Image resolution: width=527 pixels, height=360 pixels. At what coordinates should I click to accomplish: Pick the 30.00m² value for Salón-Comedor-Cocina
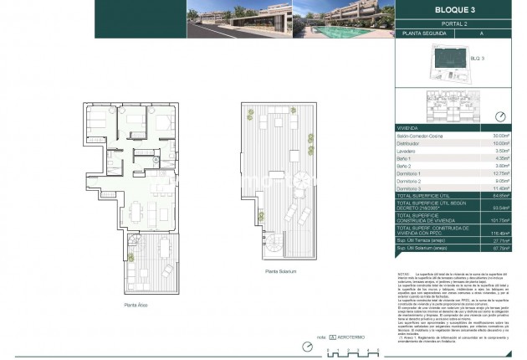pyautogui.click(x=501, y=136)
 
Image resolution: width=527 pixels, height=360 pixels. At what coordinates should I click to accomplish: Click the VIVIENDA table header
pyautogui.click(x=409, y=128)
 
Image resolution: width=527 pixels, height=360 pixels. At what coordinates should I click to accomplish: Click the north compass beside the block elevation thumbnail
pyautogui.click(x=500, y=116)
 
